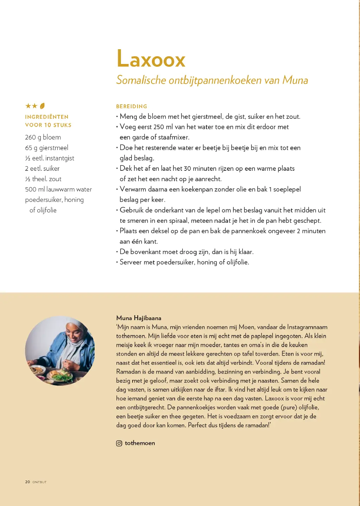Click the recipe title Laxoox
pos(151,59)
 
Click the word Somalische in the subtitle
pos(141,80)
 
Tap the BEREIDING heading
pos(131,106)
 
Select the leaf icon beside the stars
pos(42,106)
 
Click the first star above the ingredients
pos(28,106)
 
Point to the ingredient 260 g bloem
pos(43,137)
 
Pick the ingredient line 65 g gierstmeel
pos(46,148)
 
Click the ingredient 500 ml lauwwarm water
pos(58,189)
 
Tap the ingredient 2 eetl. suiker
pos(42,169)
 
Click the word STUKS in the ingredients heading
pos(62,125)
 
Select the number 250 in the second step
pos(159,127)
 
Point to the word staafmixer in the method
pos(174,137)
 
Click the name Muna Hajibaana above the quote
pos(139,318)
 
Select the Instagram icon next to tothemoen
pos(119,443)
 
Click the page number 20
pos(27,482)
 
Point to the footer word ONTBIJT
pos(39,482)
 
